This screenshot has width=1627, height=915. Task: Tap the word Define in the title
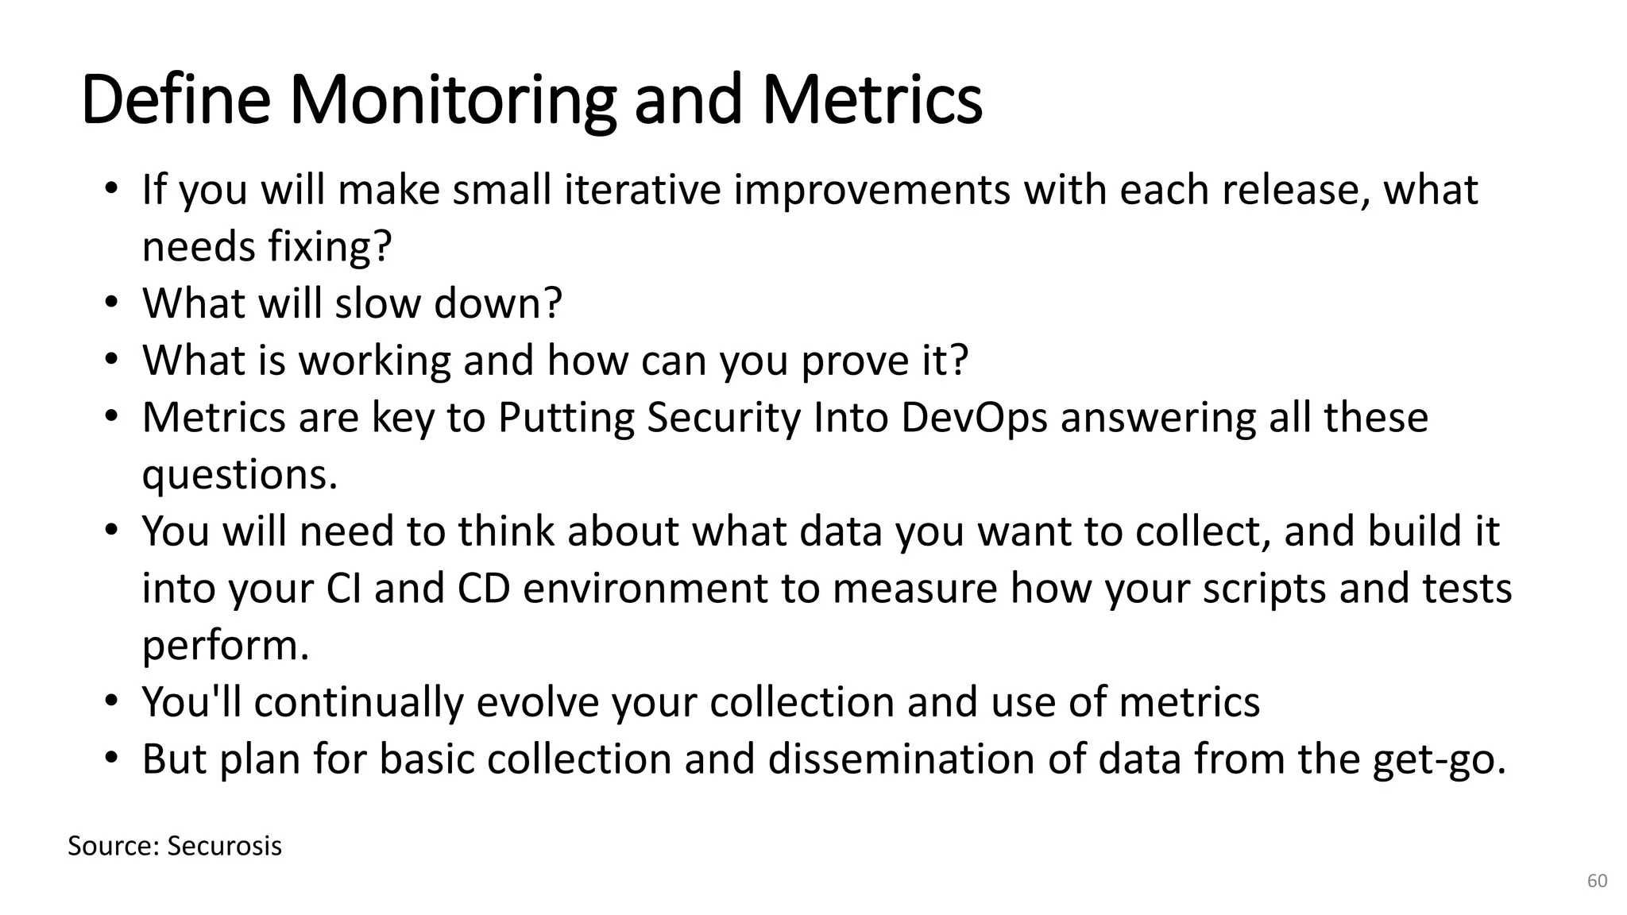pyautogui.click(x=176, y=101)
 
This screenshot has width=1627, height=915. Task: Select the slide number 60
pyautogui.click(x=1597, y=881)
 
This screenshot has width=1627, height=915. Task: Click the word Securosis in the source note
pyautogui.click(x=224, y=847)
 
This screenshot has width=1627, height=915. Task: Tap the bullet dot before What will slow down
pyautogui.click(x=111, y=303)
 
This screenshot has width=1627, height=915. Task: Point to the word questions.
pyautogui.click(x=239, y=475)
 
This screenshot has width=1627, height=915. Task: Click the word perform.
pyautogui.click(x=225, y=646)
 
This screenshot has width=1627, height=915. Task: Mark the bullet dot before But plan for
pyautogui.click(x=111, y=759)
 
